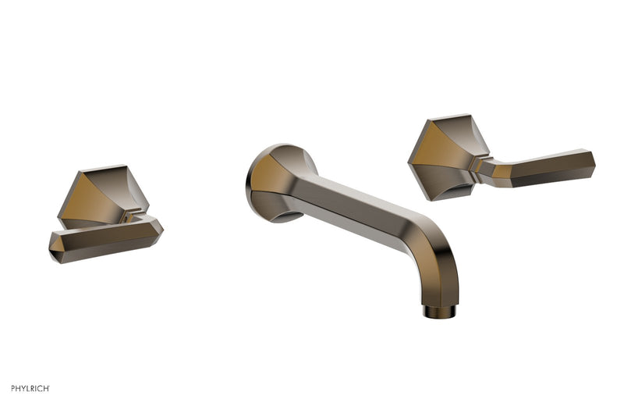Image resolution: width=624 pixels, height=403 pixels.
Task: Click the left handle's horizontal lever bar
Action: click(x=105, y=239)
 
